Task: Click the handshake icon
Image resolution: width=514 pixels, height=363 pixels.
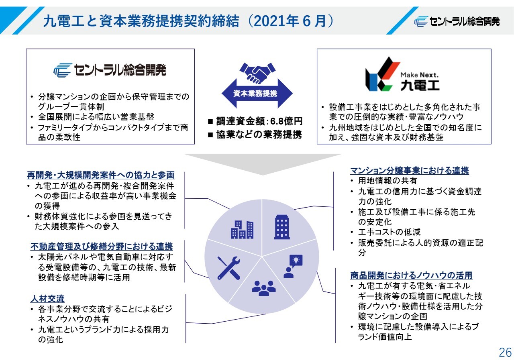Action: (x=257, y=73)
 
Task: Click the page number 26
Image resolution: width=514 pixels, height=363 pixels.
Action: (x=505, y=353)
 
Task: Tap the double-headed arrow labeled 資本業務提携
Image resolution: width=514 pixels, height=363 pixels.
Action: (x=257, y=94)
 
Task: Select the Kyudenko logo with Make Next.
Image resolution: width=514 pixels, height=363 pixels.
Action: (x=402, y=74)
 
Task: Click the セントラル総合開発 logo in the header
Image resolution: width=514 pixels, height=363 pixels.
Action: (x=457, y=22)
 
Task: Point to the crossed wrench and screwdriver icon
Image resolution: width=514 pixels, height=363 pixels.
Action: (x=229, y=268)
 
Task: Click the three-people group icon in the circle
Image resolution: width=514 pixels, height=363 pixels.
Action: (x=264, y=288)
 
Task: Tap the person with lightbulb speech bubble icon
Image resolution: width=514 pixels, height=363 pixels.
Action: (x=293, y=266)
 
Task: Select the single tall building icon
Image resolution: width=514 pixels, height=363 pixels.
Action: (x=282, y=227)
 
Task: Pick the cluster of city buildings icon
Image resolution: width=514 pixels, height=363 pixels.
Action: (x=242, y=230)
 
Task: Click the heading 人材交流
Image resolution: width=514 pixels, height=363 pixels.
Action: (x=47, y=299)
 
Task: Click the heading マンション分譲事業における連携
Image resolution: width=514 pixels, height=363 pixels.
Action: (x=410, y=171)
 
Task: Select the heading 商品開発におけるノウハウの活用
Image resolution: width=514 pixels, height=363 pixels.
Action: (x=412, y=275)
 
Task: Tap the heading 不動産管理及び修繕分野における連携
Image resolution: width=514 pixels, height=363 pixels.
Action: (x=102, y=247)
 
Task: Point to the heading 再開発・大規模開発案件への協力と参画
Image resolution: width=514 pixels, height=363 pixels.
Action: (x=101, y=175)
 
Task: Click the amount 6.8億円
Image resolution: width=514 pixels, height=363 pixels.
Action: (x=286, y=121)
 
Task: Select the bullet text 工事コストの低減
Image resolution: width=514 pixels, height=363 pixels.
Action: (x=389, y=232)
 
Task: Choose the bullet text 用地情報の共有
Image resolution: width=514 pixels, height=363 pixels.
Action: (x=388, y=181)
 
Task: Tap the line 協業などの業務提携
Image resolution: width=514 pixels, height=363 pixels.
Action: (x=259, y=135)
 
